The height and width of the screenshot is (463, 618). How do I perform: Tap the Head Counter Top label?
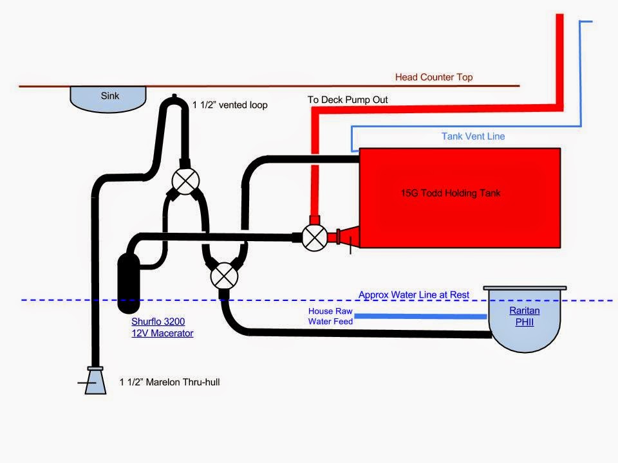click(433, 77)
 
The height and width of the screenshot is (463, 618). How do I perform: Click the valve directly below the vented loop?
click(185, 181)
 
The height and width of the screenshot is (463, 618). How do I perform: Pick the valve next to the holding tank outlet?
click(314, 238)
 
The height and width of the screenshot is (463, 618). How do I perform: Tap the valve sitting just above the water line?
click(223, 277)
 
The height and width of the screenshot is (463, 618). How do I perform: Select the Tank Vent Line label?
click(473, 136)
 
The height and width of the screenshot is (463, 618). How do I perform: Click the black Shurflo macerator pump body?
click(131, 278)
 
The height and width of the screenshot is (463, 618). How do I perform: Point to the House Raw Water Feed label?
click(330, 316)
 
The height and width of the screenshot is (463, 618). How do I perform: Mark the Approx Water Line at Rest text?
click(413, 295)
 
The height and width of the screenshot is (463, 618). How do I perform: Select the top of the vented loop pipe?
click(174, 100)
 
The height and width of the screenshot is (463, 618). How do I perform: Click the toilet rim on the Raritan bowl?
click(525, 288)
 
